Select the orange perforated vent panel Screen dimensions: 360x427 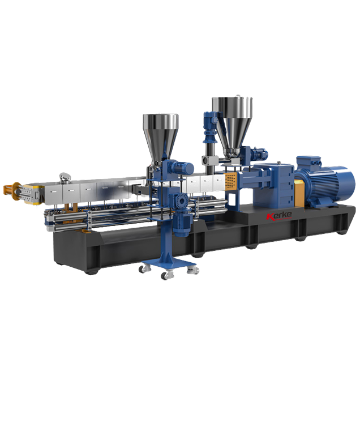[x=230, y=180]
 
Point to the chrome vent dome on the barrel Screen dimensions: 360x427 [x=65, y=177]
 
